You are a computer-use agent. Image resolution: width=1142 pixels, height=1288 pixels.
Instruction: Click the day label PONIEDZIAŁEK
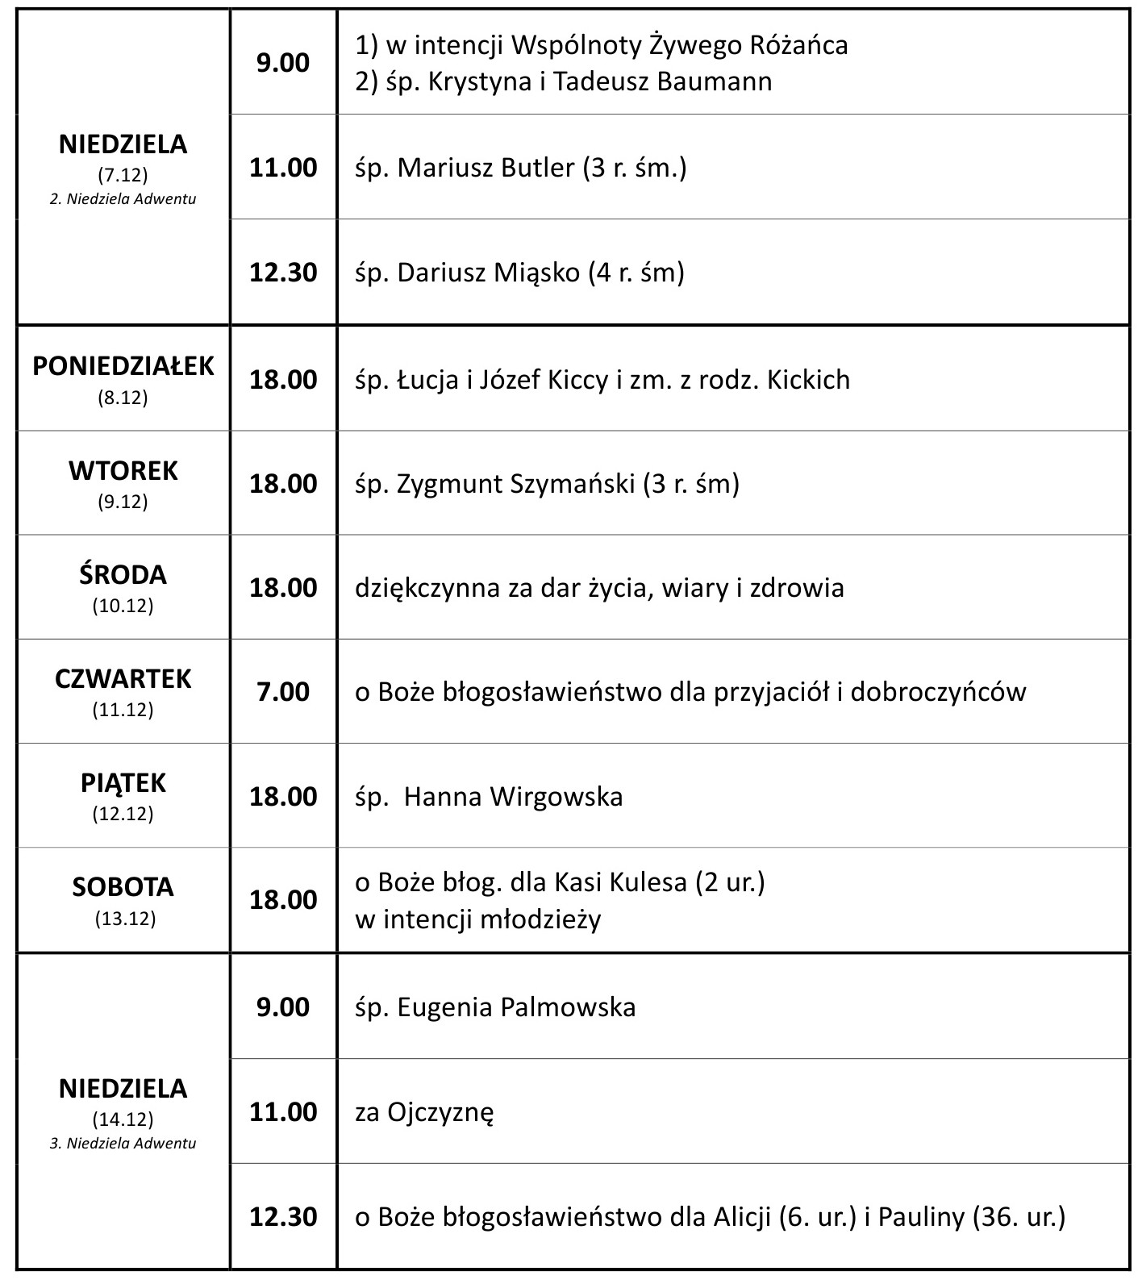tap(123, 366)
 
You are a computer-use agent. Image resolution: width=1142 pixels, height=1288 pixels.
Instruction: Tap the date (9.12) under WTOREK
tap(123, 502)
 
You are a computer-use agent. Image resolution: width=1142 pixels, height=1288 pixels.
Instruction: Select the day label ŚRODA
tap(123, 575)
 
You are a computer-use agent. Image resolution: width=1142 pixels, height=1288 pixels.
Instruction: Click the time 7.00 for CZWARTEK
tap(283, 692)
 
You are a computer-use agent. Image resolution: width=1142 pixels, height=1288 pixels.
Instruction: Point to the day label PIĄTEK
tap(123, 783)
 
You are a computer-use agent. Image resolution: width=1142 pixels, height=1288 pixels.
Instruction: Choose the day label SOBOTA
tap(123, 887)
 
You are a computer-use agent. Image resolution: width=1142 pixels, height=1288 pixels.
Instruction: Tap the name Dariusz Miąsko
tap(488, 273)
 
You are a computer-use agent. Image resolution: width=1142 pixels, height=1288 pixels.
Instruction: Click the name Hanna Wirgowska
tap(513, 797)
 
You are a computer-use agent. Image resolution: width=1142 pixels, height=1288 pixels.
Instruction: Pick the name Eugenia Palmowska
tap(516, 1007)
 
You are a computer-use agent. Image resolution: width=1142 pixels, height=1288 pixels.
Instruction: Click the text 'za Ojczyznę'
tap(424, 1113)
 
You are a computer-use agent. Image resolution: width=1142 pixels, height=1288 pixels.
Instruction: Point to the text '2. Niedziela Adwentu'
tap(123, 199)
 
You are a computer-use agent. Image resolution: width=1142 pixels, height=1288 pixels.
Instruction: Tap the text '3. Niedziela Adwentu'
tap(123, 1144)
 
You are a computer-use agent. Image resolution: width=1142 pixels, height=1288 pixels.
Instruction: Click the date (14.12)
tap(123, 1120)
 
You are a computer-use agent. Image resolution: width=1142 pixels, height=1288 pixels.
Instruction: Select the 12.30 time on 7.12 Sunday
tap(283, 273)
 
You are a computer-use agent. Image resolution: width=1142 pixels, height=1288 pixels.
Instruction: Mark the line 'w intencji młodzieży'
tap(478, 919)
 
